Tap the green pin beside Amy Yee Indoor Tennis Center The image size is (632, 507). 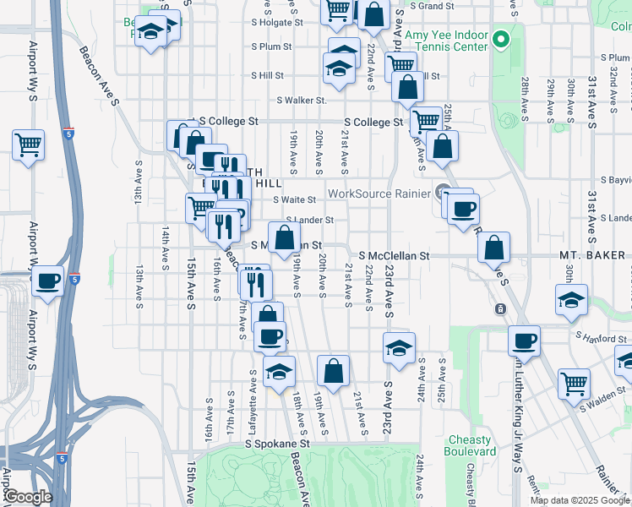(x=501, y=39)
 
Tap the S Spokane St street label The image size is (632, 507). (x=278, y=442)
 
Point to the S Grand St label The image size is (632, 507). (x=432, y=6)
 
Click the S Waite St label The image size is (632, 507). (x=295, y=200)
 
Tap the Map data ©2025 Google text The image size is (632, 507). (x=580, y=500)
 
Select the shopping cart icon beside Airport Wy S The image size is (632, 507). (x=28, y=144)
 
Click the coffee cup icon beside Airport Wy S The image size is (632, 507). (x=47, y=280)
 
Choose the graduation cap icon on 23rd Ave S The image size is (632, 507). (x=399, y=346)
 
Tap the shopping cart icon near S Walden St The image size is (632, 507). (x=573, y=383)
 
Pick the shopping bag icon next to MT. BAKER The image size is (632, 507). (x=493, y=248)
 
